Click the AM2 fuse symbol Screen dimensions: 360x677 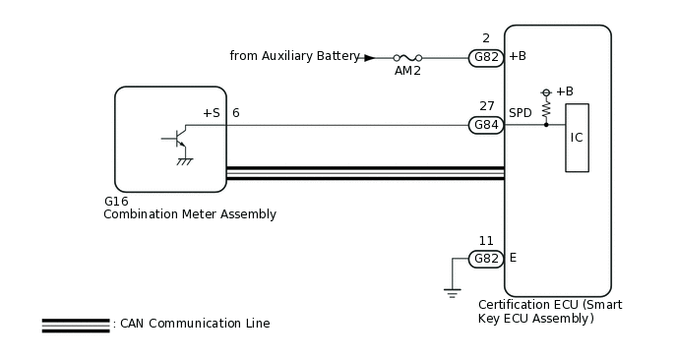click(407, 58)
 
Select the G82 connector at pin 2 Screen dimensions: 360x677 click(486, 58)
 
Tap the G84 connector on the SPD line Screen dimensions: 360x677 click(486, 125)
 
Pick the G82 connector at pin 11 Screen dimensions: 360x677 click(486, 259)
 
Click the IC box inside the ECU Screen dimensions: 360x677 click(577, 138)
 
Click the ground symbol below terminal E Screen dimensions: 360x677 click(452, 291)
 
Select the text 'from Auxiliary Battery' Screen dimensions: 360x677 click(294, 56)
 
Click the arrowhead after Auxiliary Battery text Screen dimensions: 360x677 click(369, 58)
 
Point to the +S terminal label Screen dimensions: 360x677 click(211, 113)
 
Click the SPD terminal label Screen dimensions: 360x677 click(521, 113)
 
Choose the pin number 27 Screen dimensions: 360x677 click(486, 106)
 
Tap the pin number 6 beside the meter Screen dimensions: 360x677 click(235, 113)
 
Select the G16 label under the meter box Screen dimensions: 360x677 click(116, 201)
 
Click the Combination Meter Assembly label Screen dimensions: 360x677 click(190, 214)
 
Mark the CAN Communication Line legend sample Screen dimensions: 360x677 click(75, 325)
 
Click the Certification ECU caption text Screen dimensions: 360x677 click(549, 312)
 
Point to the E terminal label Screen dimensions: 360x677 click(513, 258)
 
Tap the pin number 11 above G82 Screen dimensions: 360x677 click(486, 240)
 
